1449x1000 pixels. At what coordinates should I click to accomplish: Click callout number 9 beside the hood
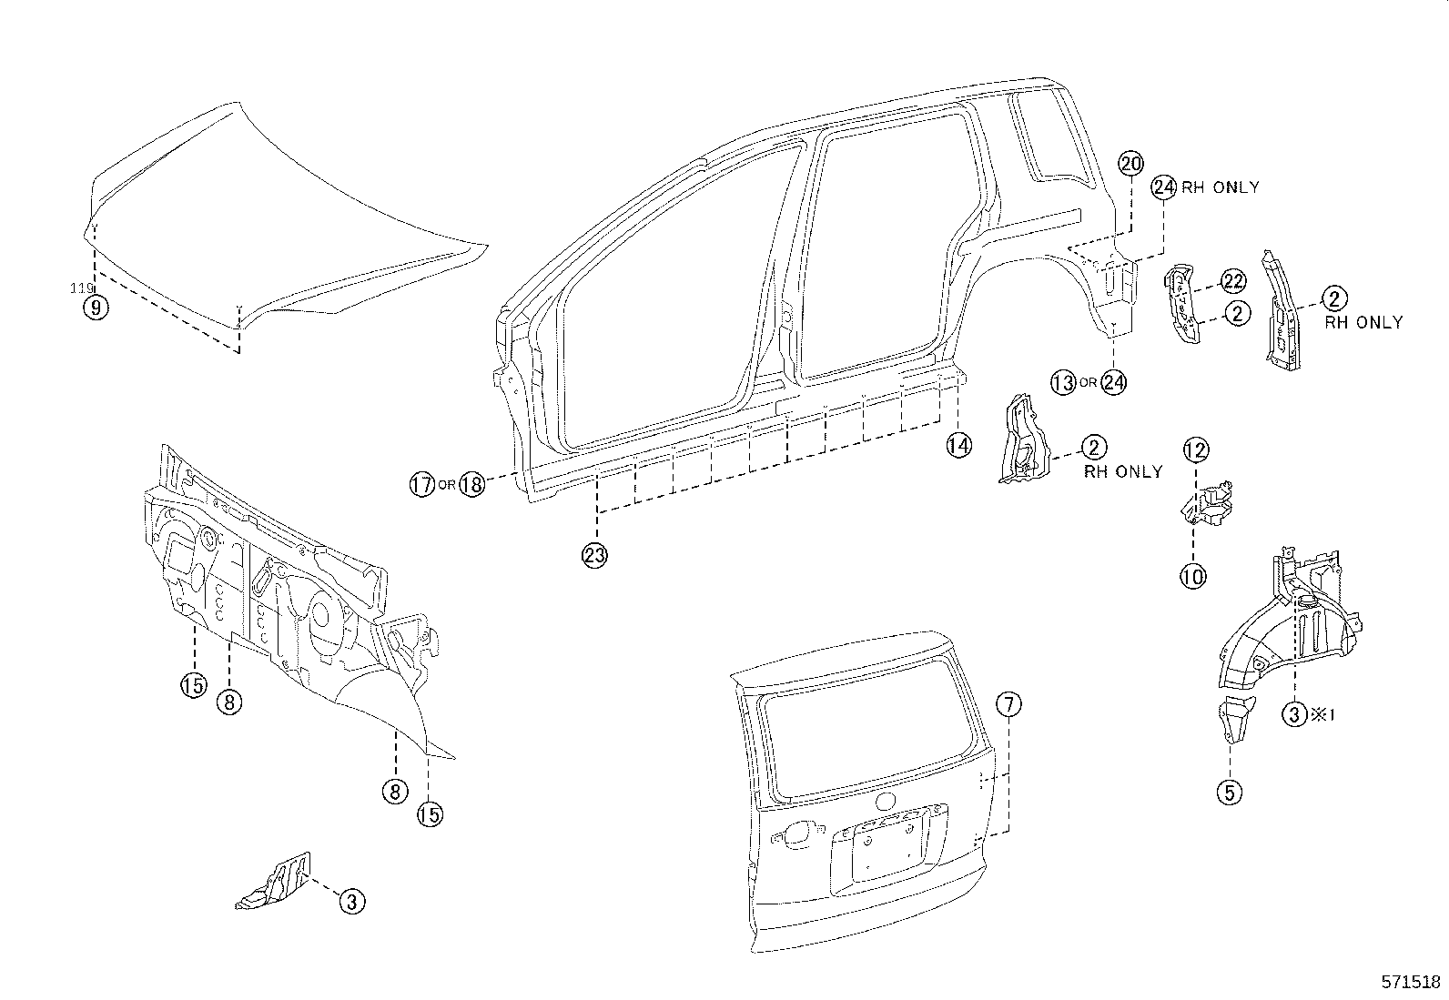click(95, 308)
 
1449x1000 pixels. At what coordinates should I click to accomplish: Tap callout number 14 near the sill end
click(958, 445)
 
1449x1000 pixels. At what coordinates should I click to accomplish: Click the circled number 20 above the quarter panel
click(1130, 164)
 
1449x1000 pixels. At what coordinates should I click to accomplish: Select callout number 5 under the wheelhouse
click(1229, 792)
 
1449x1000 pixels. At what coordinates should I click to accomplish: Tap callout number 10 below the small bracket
click(1193, 575)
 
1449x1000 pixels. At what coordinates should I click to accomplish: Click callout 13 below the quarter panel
click(1063, 382)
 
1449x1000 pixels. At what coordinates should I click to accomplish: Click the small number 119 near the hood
click(82, 288)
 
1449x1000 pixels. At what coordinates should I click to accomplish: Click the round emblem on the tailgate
click(883, 803)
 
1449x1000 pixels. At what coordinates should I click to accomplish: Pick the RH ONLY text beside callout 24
click(1221, 187)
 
